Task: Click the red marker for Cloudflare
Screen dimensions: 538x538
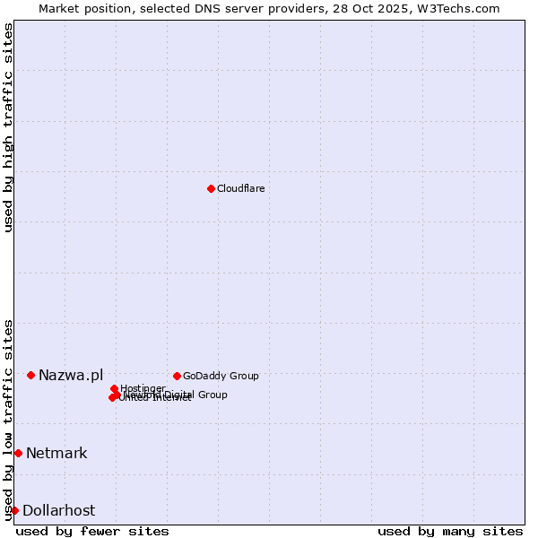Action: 211,188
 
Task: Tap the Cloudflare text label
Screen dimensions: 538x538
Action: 240,188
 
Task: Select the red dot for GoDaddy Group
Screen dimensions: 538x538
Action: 177,376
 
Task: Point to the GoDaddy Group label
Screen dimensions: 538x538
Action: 221,376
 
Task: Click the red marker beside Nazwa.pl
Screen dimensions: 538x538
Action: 30,375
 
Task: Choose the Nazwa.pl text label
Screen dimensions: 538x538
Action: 71,375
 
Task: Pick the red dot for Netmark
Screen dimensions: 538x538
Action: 18,453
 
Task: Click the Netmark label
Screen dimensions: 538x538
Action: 56,453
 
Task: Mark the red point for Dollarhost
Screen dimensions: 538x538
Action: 14,510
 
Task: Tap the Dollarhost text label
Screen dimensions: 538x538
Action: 58,510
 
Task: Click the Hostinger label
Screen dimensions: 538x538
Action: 143,388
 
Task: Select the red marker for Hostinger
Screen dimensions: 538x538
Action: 114,389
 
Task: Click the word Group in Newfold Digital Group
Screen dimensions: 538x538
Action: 213,395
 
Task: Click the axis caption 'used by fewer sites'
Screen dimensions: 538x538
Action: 92,531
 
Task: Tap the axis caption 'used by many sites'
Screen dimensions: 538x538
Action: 450,531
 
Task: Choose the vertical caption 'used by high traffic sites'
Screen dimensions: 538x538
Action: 9,127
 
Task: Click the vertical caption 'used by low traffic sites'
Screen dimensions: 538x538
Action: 9,419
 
